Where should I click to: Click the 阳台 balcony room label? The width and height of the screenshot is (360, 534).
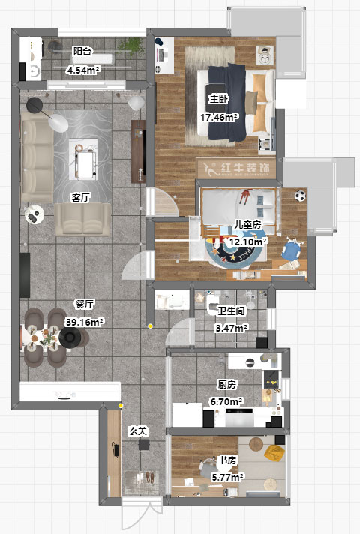click(82, 52)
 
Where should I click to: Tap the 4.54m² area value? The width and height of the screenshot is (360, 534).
click(83, 70)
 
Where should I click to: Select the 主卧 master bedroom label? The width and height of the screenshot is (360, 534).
click(219, 99)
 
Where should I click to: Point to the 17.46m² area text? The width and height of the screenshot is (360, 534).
click(219, 118)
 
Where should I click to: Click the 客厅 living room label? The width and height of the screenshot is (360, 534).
click(81, 197)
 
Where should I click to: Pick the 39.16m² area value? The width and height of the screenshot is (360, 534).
click(85, 322)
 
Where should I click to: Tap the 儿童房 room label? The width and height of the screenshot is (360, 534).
click(247, 224)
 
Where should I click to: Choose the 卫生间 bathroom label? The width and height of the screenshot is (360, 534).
click(231, 310)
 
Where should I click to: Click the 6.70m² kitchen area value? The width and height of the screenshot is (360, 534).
click(226, 401)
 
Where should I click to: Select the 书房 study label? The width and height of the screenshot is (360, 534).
click(227, 460)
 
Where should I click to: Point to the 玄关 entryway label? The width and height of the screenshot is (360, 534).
click(138, 430)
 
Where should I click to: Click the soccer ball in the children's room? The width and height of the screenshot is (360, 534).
click(300, 196)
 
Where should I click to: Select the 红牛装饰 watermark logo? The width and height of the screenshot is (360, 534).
click(236, 168)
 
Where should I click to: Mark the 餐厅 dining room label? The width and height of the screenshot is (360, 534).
click(85, 304)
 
